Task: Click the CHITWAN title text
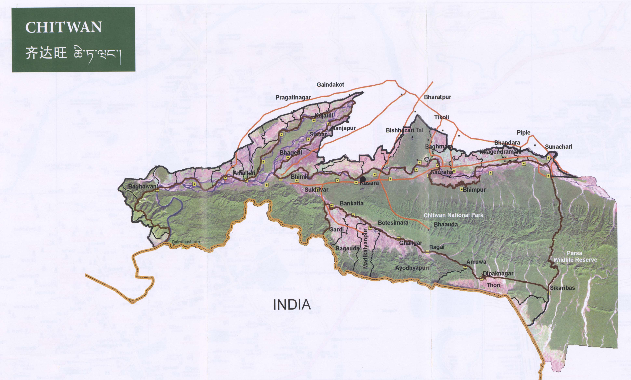tap(63, 27)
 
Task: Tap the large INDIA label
tap(292, 305)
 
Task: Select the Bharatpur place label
tap(437, 97)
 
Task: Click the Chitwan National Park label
tap(453, 215)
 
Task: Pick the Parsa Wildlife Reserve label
tap(575, 256)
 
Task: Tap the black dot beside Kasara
tap(363, 179)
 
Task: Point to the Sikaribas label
tap(562, 288)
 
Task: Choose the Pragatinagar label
tap(293, 98)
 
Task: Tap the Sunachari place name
tap(559, 147)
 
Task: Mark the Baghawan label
tap(142, 186)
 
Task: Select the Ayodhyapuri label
tap(412, 268)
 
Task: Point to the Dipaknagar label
tap(498, 273)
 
